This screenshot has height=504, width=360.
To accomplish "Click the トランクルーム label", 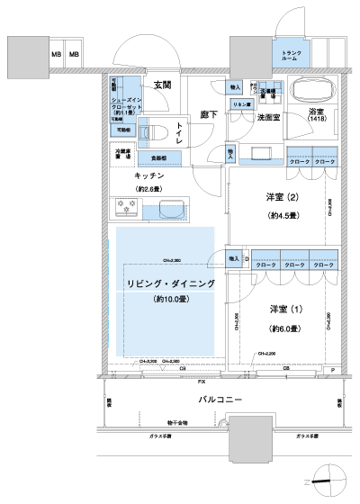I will pos(292,56).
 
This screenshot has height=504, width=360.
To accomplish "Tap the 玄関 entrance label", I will pos(162,85).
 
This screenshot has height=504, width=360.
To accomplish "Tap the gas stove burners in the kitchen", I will pos(124,208).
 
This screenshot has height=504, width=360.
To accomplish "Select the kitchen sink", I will pos(162,210).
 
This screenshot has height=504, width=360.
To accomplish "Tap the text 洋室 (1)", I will pos(285,309).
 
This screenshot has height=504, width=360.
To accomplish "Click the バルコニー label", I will pos(224,397).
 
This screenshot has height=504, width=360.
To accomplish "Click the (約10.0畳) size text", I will pos(170,299).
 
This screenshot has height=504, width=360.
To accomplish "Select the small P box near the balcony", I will pos(332,370).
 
